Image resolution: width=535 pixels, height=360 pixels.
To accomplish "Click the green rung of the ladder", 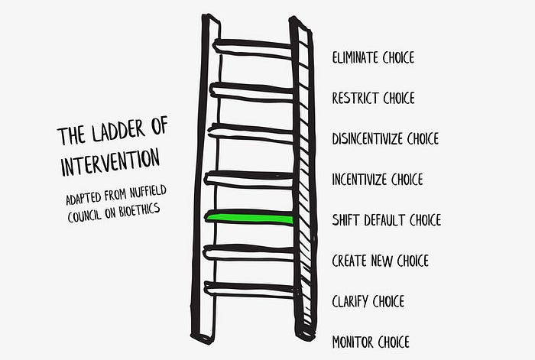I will coord(251,219).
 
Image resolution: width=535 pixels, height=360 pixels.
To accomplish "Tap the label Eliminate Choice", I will coord(373,57).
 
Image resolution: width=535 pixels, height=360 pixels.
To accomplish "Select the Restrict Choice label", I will coord(373,98).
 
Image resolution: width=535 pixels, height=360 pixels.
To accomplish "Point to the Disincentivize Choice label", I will coord(385,139).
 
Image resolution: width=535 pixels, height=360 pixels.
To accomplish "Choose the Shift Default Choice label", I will coord(386,220).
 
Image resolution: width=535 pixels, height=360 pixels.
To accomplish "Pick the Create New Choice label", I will coord(380,261).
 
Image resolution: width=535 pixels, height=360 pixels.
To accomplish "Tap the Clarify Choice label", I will coord(368,301).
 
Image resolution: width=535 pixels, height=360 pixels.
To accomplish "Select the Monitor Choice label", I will coord(371,342).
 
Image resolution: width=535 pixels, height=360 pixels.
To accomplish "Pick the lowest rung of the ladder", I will coord(251,289).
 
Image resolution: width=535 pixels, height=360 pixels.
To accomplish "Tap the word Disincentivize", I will coord(368,139).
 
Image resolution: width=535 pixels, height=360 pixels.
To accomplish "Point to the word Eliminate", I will coord(354,57).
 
